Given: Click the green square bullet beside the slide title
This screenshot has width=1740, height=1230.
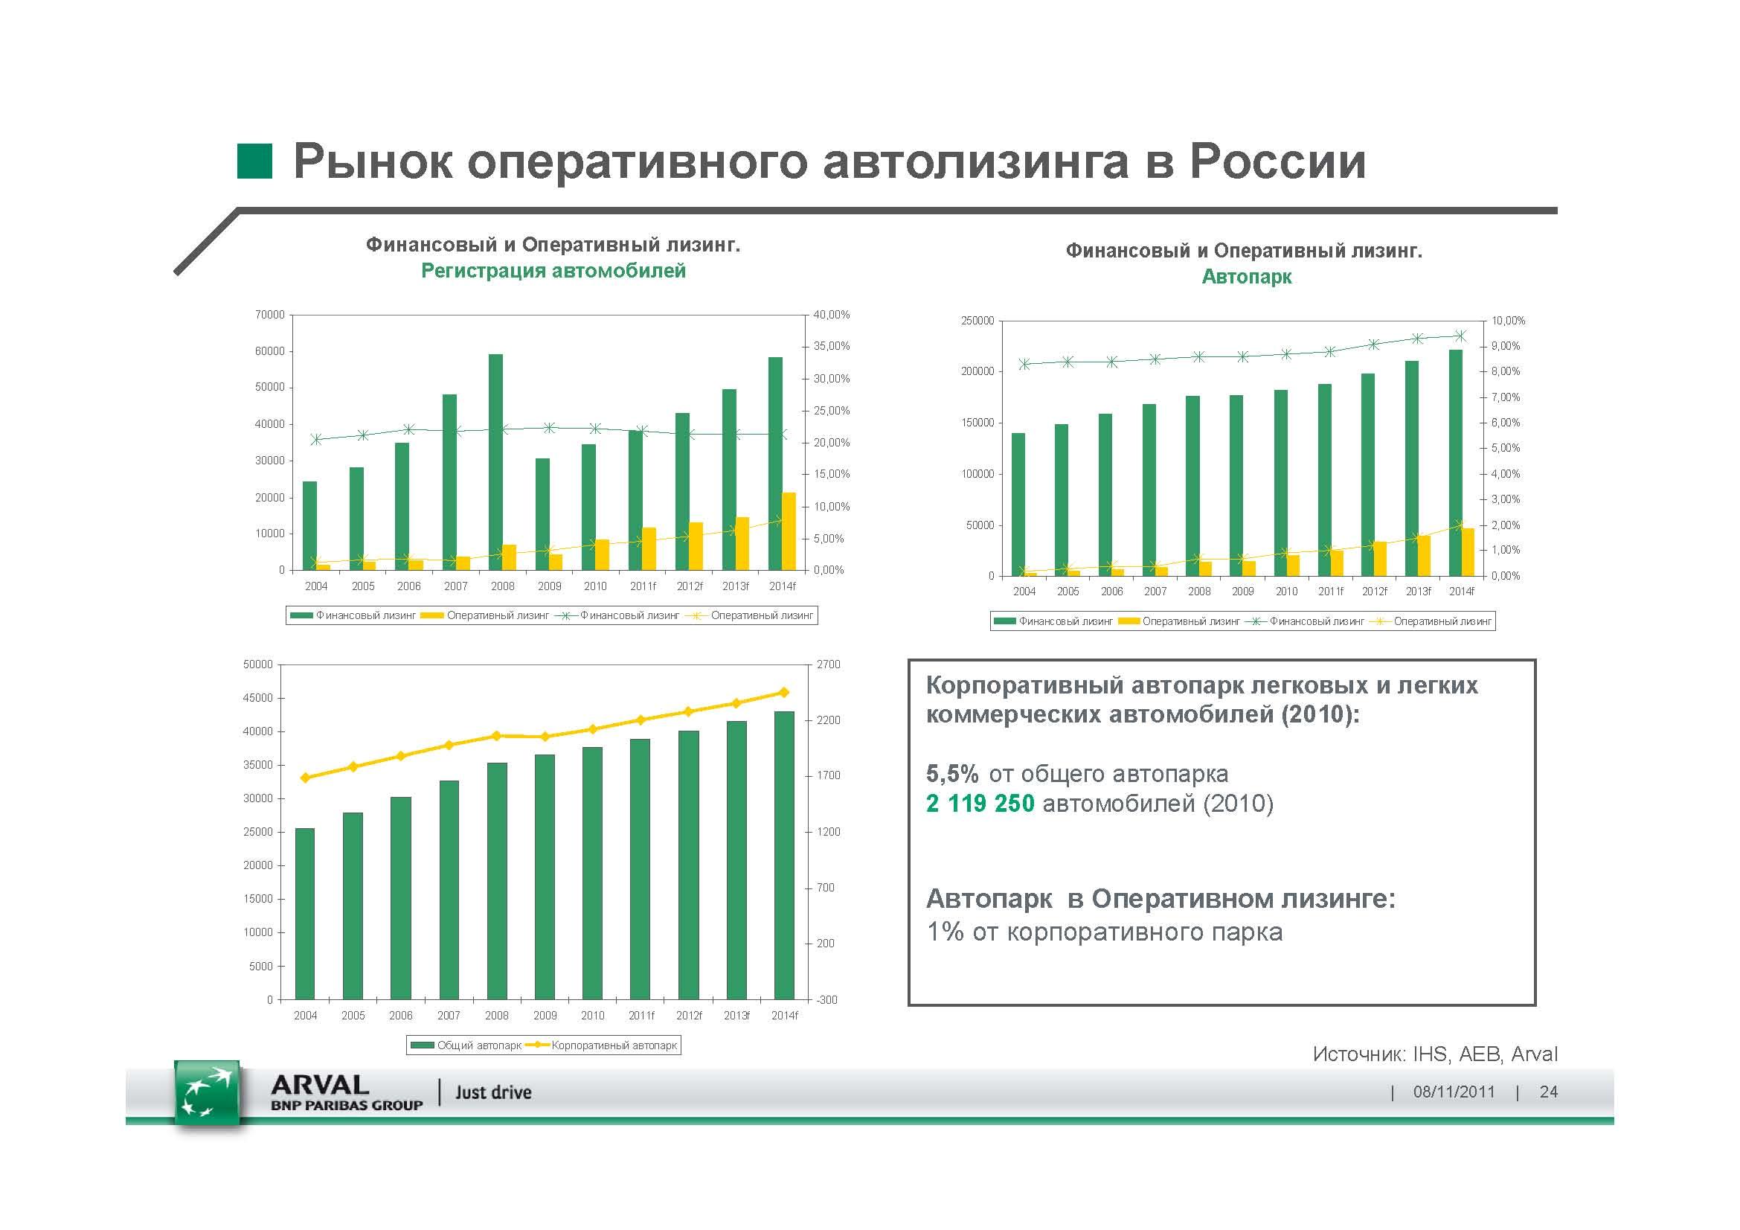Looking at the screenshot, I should pyautogui.click(x=254, y=161).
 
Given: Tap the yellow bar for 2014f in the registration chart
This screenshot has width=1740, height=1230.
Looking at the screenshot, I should pyautogui.click(x=789, y=531).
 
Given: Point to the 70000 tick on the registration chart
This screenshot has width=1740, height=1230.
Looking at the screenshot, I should pyautogui.click(x=270, y=315).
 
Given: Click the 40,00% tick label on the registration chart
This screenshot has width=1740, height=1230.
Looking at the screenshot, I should pyautogui.click(x=832, y=315).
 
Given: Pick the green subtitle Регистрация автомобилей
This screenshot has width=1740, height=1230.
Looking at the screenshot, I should pyautogui.click(x=553, y=271).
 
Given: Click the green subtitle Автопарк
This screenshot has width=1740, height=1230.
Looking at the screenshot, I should pyautogui.click(x=1247, y=277).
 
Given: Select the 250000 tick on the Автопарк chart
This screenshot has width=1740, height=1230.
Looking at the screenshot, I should pyautogui.click(x=977, y=321).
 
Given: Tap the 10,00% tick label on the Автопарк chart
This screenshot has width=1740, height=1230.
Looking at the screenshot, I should pyautogui.click(x=1508, y=321).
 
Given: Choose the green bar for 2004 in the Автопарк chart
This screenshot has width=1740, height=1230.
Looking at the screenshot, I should pyautogui.click(x=1018, y=504).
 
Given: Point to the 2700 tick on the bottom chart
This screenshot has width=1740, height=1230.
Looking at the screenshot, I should pyautogui.click(x=828, y=664).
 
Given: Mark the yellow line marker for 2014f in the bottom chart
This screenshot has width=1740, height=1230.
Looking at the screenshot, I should pyautogui.click(x=784, y=692).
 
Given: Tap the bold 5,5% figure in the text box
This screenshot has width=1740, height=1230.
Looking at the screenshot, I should pyautogui.click(x=953, y=774).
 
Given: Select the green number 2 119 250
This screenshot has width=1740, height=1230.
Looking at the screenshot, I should pyautogui.click(x=980, y=804).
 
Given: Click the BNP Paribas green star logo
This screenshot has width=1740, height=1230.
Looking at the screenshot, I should pyautogui.click(x=207, y=1095).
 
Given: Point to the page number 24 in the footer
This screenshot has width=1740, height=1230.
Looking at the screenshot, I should pyautogui.click(x=1548, y=1092).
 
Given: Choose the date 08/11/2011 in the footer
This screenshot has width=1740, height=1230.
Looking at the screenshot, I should pyautogui.click(x=1454, y=1092).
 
